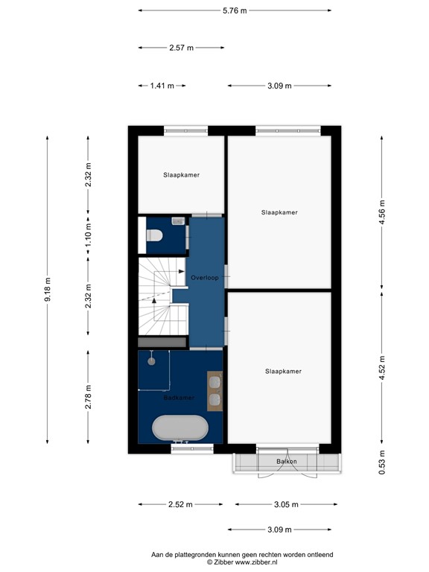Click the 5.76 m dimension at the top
click(x=235, y=10)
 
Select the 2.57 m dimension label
click(x=181, y=48)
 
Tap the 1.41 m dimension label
click(x=162, y=86)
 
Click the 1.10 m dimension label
click(x=88, y=236)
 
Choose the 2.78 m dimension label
click(x=88, y=397)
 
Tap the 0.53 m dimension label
click(x=382, y=463)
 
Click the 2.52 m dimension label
click(x=180, y=504)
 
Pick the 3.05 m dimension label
click(x=284, y=504)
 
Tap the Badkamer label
click(x=179, y=398)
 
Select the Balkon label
click(x=287, y=462)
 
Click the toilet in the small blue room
click(x=155, y=235)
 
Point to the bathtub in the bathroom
click(x=179, y=429)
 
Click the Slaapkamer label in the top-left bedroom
click(x=181, y=175)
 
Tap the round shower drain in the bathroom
click(x=151, y=360)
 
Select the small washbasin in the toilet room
click(x=177, y=220)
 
